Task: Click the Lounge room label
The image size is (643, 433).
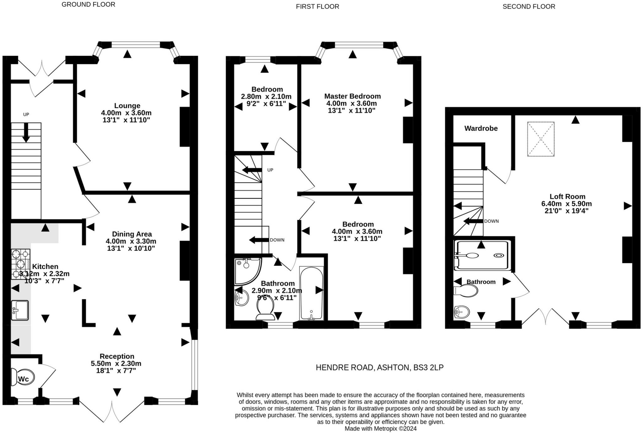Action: pyautogui.click(x=127, y=106)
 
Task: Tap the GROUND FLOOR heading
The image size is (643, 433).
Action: pyautogui.click(x=88, y=4)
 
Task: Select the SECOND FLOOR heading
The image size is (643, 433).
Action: pyautogui.click(x=529, y=7)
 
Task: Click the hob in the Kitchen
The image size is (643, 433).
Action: pyautogui.click(x=20, y=264)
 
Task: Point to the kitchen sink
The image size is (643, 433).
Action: pyautogui.click(x=20, y=310)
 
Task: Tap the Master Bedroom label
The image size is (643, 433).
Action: pyautogui.click(x=352, y=96)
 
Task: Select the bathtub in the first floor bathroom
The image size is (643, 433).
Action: pyautogui.click(x=311, y=293)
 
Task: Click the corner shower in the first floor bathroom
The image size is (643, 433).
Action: pyautogui.click(x=247, y=270)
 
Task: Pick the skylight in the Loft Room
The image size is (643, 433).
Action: pyautogui.click(x=541, y=139)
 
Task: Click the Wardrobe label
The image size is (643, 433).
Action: pyautogui.click(x=481, y=128)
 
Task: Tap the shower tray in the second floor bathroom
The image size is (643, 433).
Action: pyautogui.click(x=482, y=255)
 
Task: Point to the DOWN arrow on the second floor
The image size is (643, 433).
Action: pyautogui.click(x=473, y=221)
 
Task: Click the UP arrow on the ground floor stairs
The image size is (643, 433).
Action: pyautogui.click(x=26, y=132)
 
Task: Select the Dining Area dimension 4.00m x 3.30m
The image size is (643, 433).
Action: pyautogui.click(x=131, y=241)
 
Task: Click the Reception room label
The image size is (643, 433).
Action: pyautogui.click(x=117, y=356)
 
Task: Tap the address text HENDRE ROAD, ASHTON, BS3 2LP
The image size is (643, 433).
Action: pyautogui.click(x=380, y=367)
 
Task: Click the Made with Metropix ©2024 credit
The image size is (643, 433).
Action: pyautogui.click(x=381, y=429)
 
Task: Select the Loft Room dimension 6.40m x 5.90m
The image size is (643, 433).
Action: pyautogui.click(x=566, y=204)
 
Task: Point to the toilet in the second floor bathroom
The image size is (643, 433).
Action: pyautogui.click(x=466, y=291)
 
